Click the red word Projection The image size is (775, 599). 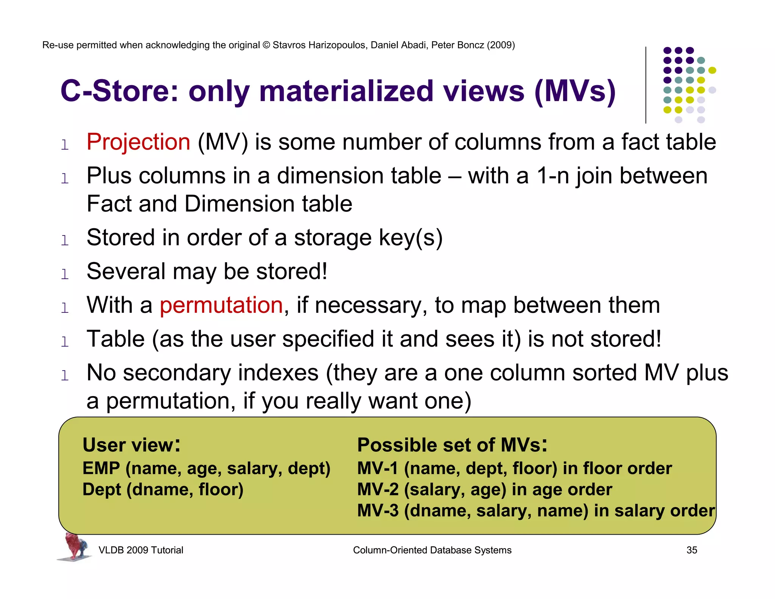pyautogui.click(x=138, y=142)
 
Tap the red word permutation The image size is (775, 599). pyautogui.click(x=221, y=306)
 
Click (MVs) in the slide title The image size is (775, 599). pyautogui.click(x=575, y=92)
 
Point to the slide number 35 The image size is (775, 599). pyautogui.click(x=691, y=550)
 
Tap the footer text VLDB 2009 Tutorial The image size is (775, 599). pyautogui.click(x=141, y=550)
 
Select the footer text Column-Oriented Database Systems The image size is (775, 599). pyautogui.click(x=432, y=550)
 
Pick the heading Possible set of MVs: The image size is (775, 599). pyautogui.click(x=452, y=445)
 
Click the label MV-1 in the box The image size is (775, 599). pyautogui.click(x=377, y=469)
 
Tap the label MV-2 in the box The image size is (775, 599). pyautogui.click(x=377, y=490)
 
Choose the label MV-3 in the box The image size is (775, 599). pyautogui.click(x=377, y=511)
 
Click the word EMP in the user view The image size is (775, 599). pyautogui.click(x=101, y=469)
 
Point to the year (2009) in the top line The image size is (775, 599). pyautogui.click(x=501, y=45)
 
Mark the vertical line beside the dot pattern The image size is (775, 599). pyautogui.click(x=646, y=85)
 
